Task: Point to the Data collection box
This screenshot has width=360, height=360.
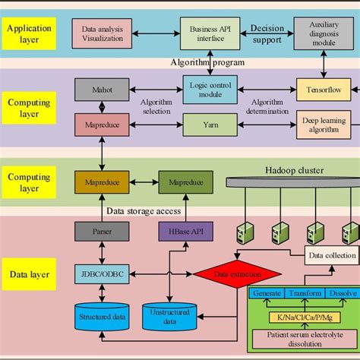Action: click(x=330, y=256)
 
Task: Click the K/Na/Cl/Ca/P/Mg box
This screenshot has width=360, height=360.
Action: click(x=305, y=314)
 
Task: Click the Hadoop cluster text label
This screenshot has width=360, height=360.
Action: click(x=295, y=171)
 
